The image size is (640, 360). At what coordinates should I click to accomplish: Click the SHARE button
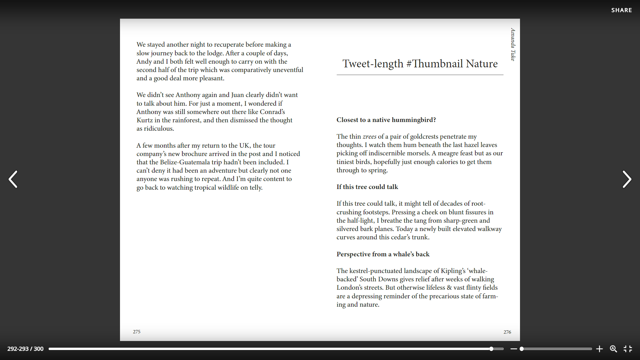621,10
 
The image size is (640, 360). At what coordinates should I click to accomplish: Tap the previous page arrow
13,179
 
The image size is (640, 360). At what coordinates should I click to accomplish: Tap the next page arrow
627,179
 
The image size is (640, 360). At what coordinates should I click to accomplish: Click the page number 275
137,332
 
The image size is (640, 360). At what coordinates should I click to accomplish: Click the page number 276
507,332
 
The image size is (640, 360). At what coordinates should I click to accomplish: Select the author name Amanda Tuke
513,44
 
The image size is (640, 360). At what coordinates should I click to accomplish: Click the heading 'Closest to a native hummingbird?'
386,120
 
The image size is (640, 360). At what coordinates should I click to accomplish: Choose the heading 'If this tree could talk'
367,187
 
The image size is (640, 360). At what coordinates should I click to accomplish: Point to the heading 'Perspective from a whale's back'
383,254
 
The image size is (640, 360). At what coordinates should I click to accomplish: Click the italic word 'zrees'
369,137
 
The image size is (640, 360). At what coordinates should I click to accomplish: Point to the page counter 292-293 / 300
25,349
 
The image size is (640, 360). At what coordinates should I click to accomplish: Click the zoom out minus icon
513,349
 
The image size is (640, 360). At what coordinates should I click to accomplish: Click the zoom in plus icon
599,349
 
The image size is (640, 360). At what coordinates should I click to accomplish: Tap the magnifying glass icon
613,349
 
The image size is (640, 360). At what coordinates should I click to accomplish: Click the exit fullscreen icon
628,349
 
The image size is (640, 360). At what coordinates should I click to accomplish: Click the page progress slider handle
491,349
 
